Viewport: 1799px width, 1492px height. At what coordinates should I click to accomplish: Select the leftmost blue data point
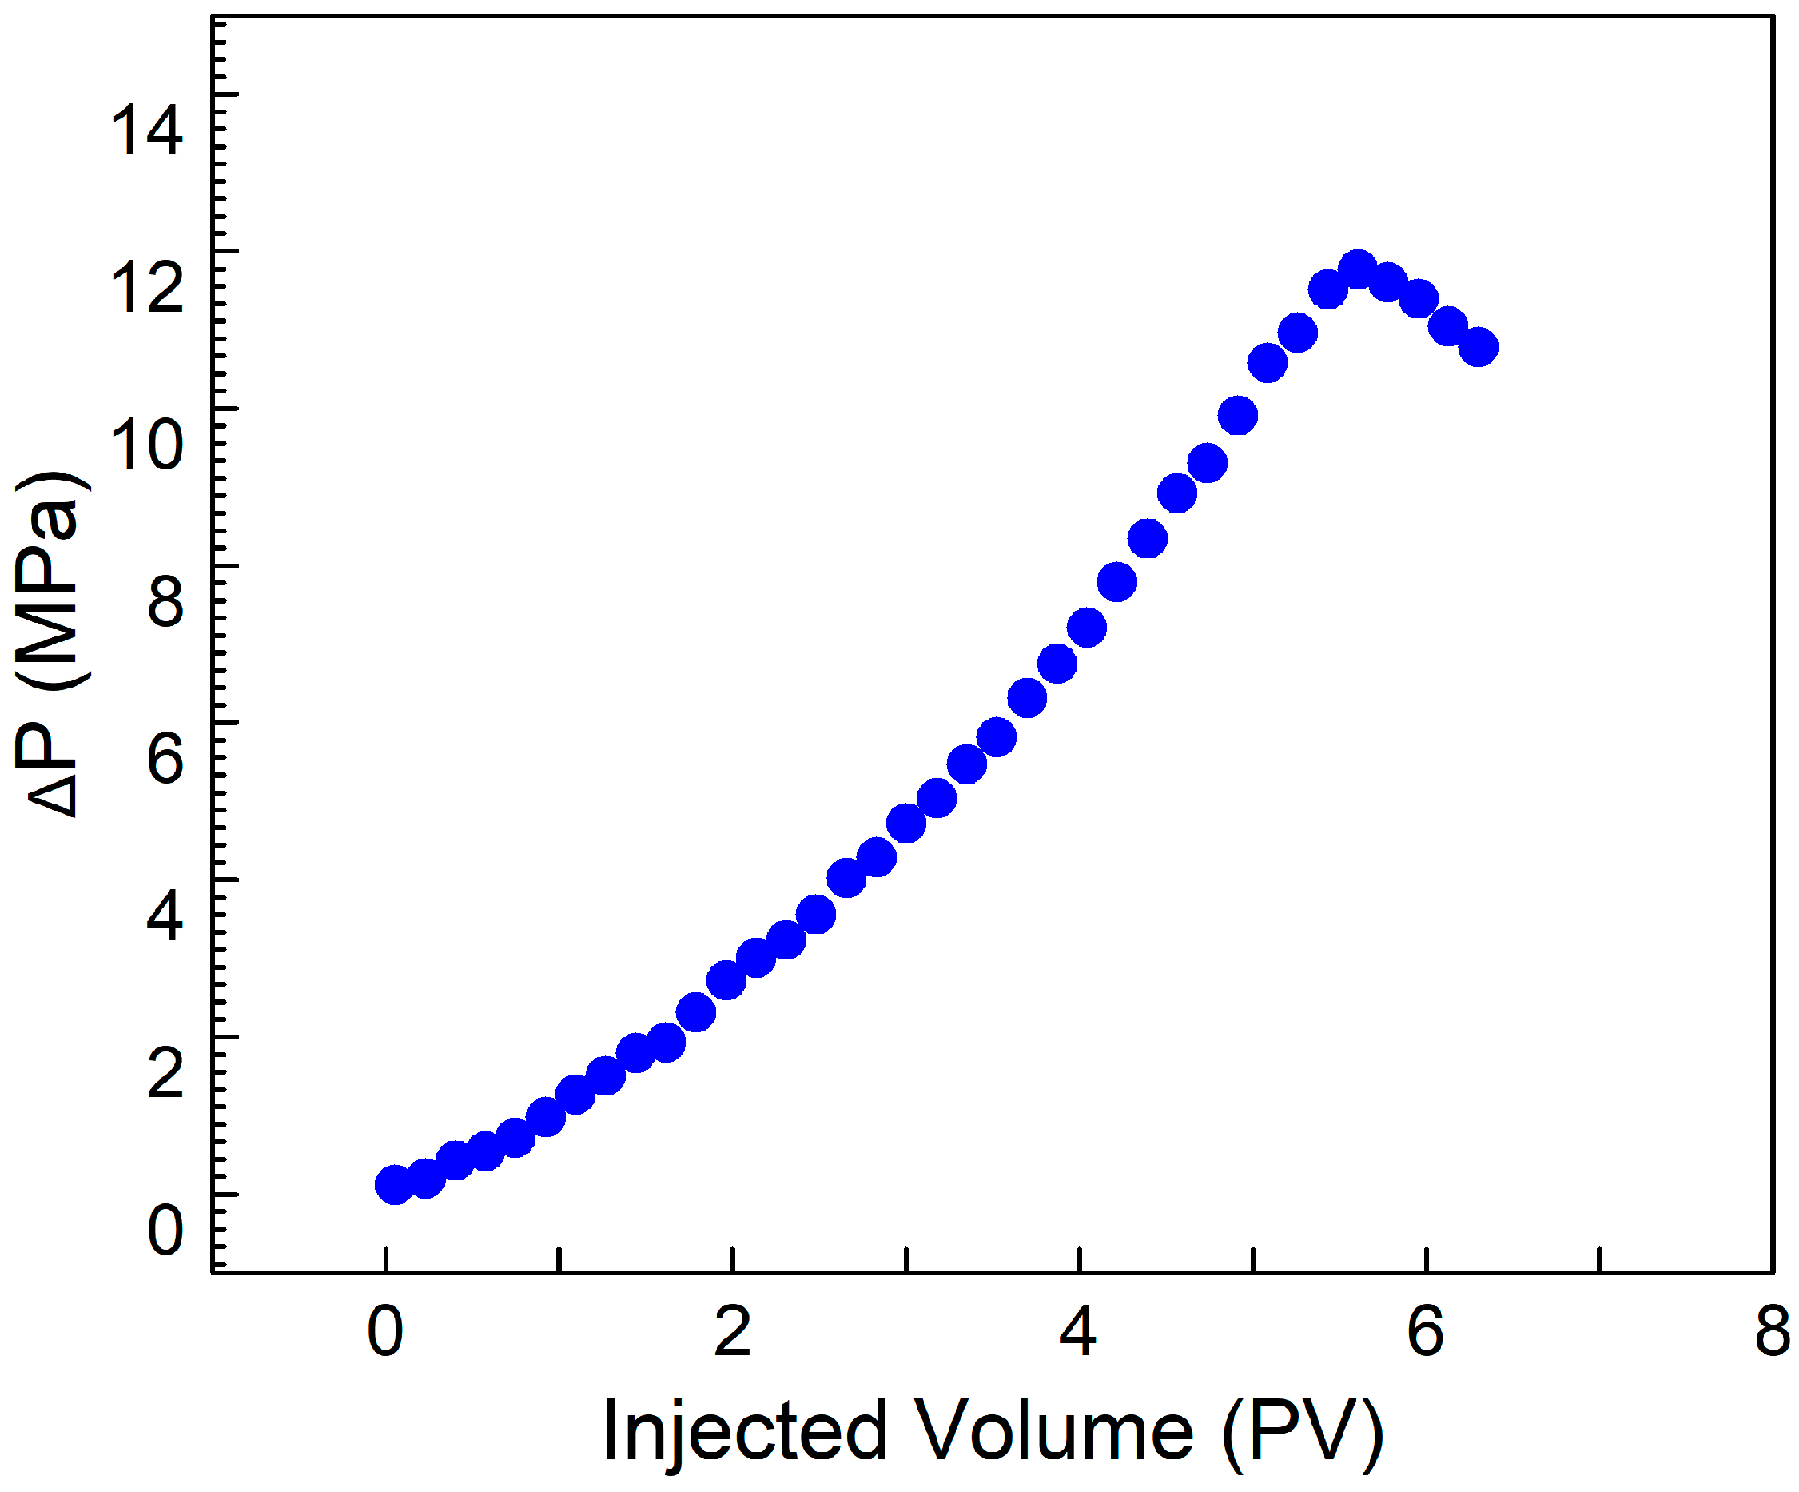tap(394, 1184)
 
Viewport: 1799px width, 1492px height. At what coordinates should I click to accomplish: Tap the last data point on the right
tap(1478, 347)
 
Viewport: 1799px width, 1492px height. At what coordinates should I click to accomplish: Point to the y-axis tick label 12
tap(146, 288)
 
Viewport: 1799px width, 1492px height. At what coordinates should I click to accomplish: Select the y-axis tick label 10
tap(146, 445)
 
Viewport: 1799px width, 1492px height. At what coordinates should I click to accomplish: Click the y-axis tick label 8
tap(165, 601)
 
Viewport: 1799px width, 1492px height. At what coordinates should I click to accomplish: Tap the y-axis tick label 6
tap(165, 759)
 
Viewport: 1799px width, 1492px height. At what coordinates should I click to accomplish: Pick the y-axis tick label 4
tap(165, 916)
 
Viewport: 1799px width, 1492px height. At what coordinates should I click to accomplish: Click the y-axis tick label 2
tap(165, 1072)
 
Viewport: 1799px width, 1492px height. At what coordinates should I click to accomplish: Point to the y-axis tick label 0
tap(165, 1229)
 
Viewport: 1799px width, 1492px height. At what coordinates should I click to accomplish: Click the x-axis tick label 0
tap(385, 1332)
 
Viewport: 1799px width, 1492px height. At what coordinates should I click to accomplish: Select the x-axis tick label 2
tap(732, 1332)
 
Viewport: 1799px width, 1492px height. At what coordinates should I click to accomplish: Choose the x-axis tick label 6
tap(1426, 1332)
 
